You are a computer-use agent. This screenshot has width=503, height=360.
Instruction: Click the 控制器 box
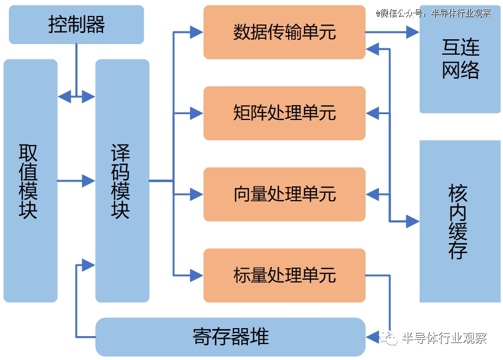tap(76, 24)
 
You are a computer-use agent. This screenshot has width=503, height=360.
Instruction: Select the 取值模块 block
tap(30, 181)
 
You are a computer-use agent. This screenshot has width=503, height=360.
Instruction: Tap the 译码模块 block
tap(122, 181)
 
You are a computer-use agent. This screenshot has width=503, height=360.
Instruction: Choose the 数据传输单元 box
tap(284, 32)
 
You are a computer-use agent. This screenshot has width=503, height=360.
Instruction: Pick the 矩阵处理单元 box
tap(284, 113)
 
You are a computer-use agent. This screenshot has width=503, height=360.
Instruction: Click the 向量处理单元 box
tap(284, 194)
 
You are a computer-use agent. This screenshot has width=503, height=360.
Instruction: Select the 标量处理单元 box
tap(284, 275)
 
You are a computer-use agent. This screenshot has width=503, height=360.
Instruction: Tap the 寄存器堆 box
tap(230, 337)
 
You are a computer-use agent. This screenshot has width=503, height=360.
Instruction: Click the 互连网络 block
tap(460, 59)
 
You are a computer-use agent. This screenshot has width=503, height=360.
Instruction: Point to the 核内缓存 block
tap(460, 221)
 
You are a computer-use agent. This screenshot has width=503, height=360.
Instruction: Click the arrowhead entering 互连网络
tap(413, 32)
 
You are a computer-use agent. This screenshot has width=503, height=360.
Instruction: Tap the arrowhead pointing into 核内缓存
tap(413, 221)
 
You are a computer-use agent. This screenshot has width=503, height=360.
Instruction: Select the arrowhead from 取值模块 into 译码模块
tap(89, 181)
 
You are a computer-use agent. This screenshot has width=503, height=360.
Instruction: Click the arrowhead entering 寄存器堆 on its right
tap(372, 337)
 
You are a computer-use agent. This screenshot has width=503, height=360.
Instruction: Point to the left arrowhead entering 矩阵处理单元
tap(197, 113)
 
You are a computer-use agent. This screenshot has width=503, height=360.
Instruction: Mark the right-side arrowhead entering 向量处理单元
tap(372, 194)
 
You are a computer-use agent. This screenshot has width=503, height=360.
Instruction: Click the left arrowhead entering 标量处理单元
tap(197, 275)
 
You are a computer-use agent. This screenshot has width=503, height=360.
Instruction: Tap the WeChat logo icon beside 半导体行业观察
tap(389, 338)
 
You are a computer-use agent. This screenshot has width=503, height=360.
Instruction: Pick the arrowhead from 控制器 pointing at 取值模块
tap(65, 96)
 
